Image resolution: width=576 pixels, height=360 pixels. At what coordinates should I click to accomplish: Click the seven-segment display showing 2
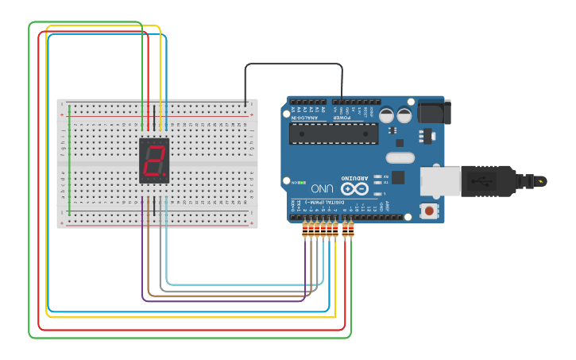pyautogui.click(x=153, y=161)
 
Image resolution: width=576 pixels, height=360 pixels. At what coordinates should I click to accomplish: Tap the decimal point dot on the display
pyautogui.click(x=164, y=175)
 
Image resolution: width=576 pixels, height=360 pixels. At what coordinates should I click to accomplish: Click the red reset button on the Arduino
pyautogui.click(x=429, y=211)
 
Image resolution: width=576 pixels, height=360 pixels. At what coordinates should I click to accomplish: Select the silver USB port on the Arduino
pyautogui.click(x=439, y=181)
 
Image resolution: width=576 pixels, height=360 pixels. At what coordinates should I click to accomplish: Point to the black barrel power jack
pyautogui.click(x=434, y=111)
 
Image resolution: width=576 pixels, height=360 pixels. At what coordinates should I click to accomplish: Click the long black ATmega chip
pyautogui.click(x=333, y=134)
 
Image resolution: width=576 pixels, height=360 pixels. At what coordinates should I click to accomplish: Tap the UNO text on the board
pyautogui.click(x=322, y=189)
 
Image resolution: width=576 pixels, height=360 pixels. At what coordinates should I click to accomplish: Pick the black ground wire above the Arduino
pyautogui.click(x=294, y=64)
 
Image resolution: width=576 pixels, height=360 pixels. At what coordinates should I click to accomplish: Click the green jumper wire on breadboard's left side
pyautogui.click(x=69, y=159)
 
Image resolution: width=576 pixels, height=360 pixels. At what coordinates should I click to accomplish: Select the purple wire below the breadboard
pyautogui.click(x=222, y=301)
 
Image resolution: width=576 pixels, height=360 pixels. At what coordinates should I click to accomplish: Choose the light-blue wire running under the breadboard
pyautogui.click(x=238, y=285)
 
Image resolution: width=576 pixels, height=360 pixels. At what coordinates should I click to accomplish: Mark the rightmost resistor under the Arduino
pyautogui.click(x=350, y=230)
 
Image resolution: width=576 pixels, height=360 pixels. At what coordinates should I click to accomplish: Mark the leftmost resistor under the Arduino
pyautogui.click(x=306, y=230)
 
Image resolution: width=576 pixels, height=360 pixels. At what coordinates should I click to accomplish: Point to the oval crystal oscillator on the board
pyautogui.click(x=400, y=157)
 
